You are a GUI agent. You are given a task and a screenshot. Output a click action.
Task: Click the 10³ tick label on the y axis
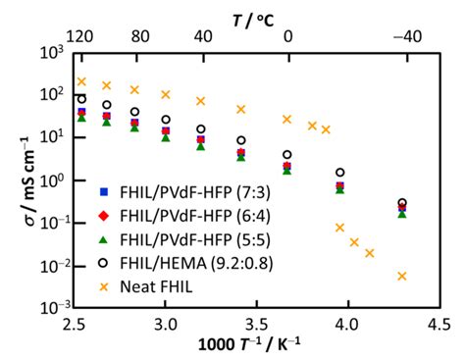55,51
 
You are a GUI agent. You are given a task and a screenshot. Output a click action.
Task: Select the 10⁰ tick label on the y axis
55,180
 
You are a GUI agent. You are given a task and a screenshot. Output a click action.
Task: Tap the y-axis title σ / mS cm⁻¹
19,180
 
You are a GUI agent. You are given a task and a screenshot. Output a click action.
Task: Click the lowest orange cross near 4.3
402,276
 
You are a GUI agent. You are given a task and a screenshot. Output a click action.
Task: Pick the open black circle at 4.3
402,203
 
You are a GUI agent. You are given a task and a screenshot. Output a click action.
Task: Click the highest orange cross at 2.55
81,81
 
